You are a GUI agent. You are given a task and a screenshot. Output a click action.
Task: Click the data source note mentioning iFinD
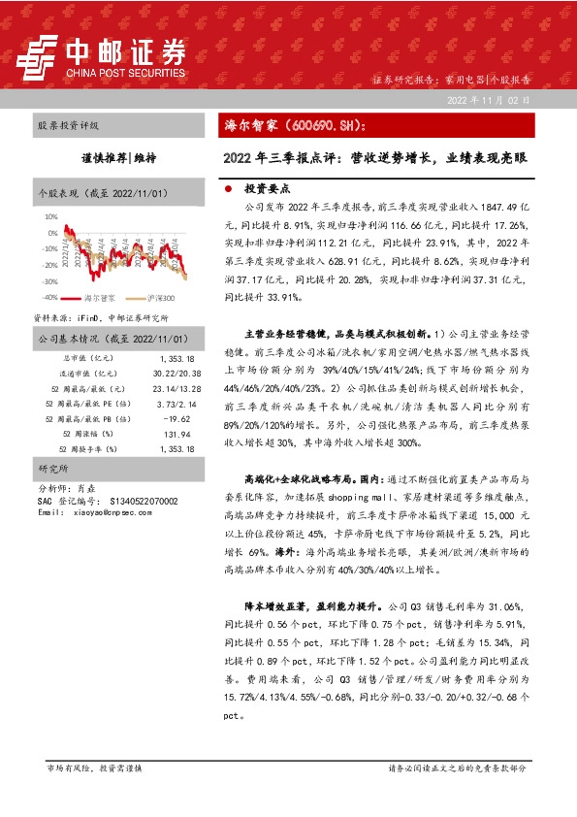[x=102, y=317]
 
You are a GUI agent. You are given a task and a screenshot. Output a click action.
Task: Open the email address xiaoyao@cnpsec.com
[x=112, y=511]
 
